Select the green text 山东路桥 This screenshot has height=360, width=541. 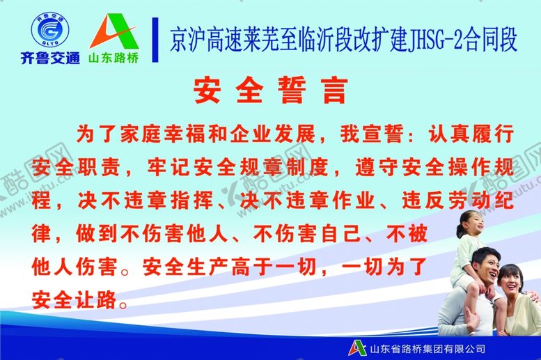click(113, 58)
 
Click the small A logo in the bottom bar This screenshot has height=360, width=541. click(359, 347)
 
